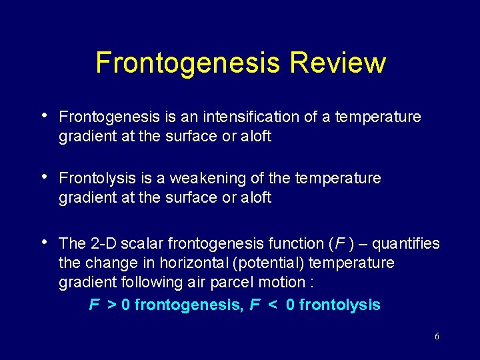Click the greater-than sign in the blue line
tap(111, 306)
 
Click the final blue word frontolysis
tap(339, 306)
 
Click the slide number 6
tap(437, 337)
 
